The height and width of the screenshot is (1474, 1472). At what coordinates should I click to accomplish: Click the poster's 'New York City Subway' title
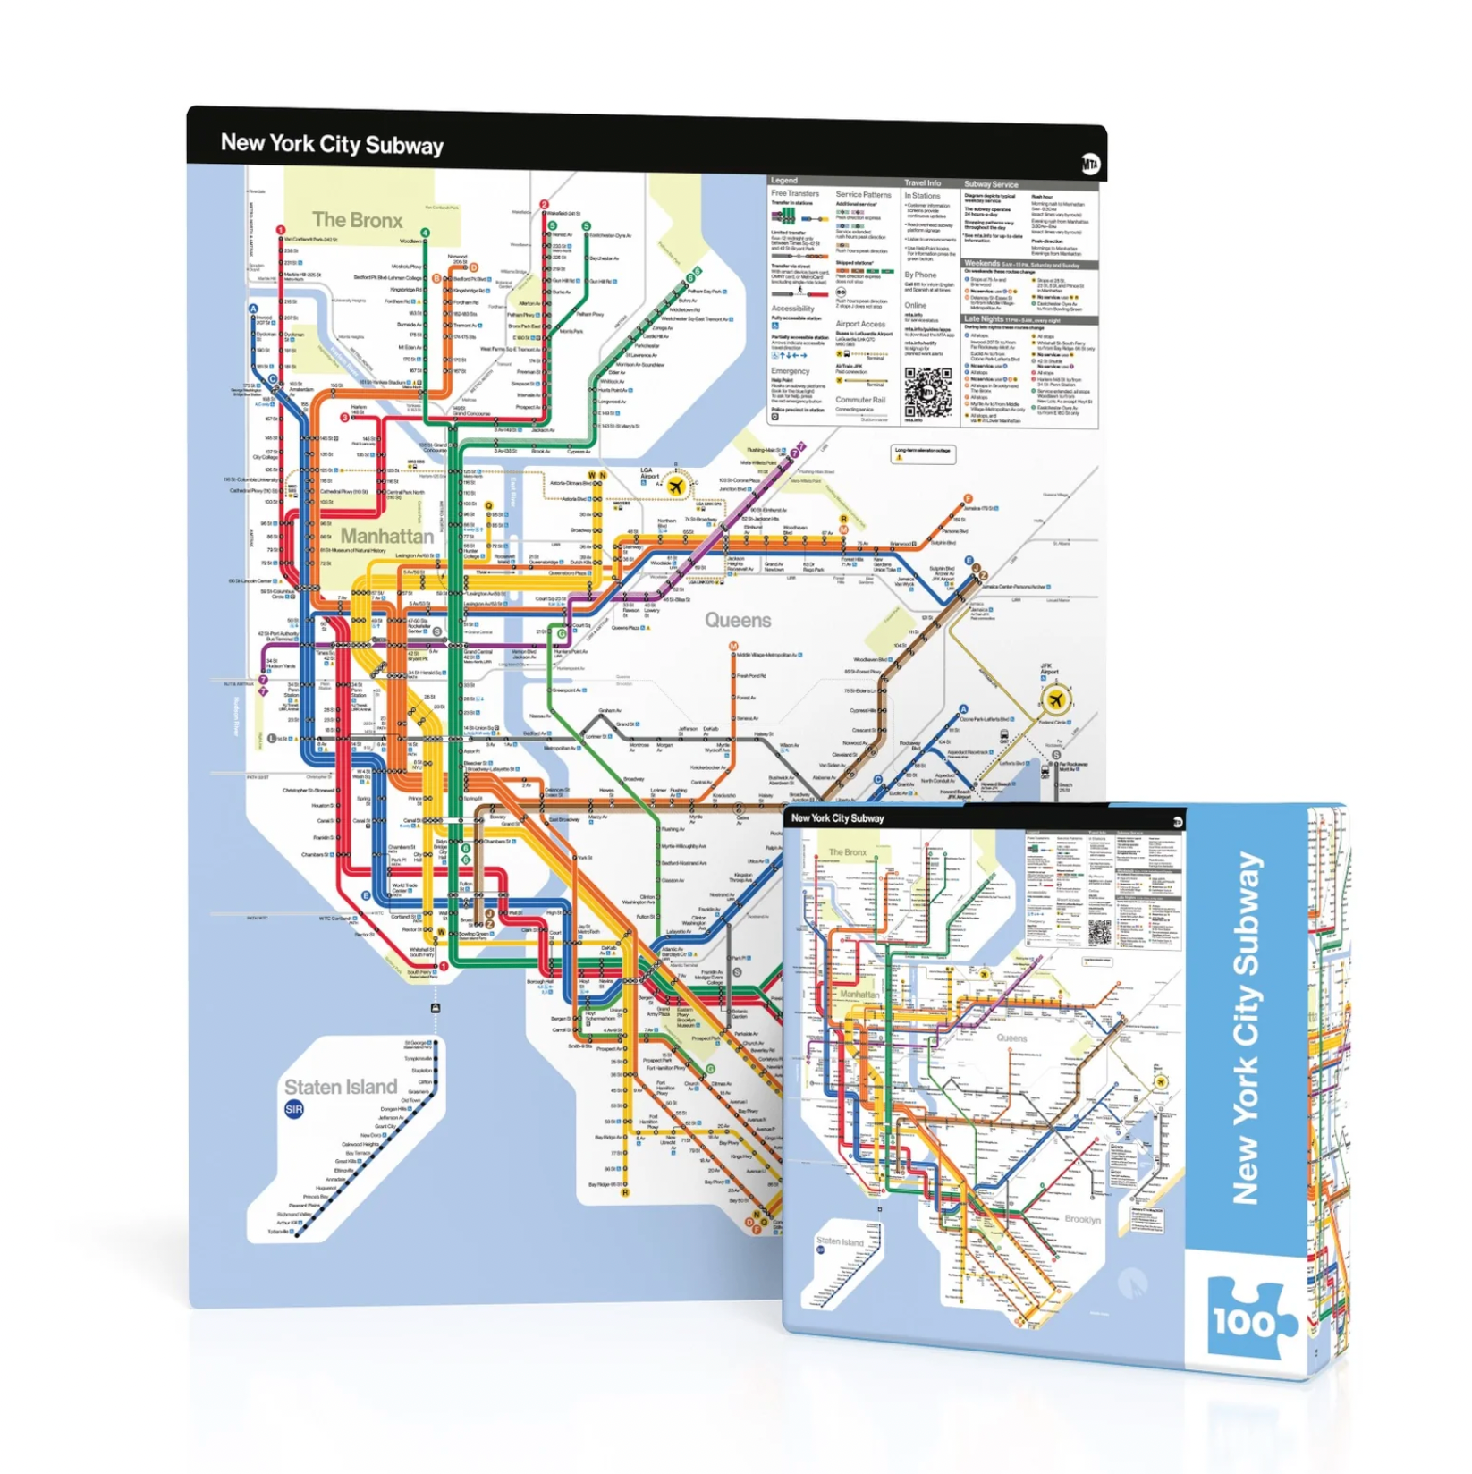click(x=332, y=144)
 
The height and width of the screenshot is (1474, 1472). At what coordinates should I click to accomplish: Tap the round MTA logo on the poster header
click(x=1090, y=164)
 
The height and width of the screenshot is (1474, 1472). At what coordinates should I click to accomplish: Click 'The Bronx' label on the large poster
click(x=357, y=220)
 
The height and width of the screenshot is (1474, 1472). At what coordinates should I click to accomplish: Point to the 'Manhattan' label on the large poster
click(x=387, y=536)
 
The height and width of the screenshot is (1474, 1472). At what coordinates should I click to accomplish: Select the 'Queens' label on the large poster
click(x=738, y=620)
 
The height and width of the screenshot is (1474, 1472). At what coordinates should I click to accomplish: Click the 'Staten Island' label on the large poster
click(x=341, y=1087)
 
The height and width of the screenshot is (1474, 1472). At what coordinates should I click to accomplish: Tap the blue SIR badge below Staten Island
click(x=294, y=1110)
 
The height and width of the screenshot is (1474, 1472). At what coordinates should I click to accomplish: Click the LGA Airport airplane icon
click(x=676, y=487)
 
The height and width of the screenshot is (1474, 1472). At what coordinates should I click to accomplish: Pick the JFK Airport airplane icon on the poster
click(x=1056, y=699)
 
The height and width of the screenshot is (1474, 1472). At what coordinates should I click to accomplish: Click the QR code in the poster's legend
click(x=927, y=392)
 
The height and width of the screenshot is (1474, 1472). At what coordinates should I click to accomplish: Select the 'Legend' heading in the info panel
click(x=784, y=181)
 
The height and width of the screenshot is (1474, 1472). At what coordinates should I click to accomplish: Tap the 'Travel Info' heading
click(x=922, y=182)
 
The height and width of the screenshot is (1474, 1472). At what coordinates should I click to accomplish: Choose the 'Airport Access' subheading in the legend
click(x=860, y=324)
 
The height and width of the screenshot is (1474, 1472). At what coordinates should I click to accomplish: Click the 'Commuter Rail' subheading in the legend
click(x=860, y=400)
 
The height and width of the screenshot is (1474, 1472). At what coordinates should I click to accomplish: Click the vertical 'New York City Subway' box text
click(x=1248, y=1029)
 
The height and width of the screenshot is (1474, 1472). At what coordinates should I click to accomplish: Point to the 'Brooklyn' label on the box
click(x=1082, y=1219)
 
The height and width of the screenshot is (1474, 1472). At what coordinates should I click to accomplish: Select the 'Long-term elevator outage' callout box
click(x=923, y=453)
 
